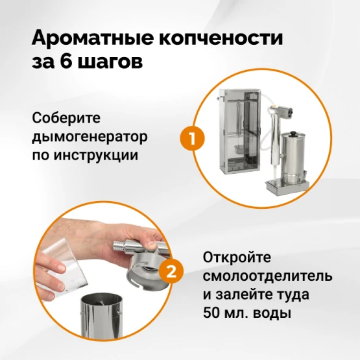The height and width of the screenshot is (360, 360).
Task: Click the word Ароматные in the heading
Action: tap(93, 38)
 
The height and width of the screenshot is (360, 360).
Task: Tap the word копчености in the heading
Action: tap(221, 38)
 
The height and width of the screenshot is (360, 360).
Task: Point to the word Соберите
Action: tap(66, 118)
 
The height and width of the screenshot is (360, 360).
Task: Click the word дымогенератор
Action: tap(90, 138)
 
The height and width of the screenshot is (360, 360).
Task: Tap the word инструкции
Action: tap(96, 155)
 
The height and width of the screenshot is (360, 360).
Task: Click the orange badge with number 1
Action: tap(192, 138)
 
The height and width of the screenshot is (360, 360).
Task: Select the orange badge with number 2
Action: tap(171, 271)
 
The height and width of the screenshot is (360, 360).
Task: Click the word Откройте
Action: tap(237, 258)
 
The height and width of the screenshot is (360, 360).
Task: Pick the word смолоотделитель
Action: tap(267, 276)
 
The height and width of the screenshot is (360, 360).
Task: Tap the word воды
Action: tap(272, 314)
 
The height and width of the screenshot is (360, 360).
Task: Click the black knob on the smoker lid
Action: tap(294, 134)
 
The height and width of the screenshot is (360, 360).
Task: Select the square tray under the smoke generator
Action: tap(287, 186)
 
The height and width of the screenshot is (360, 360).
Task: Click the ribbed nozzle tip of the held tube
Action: tap(117, 246)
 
